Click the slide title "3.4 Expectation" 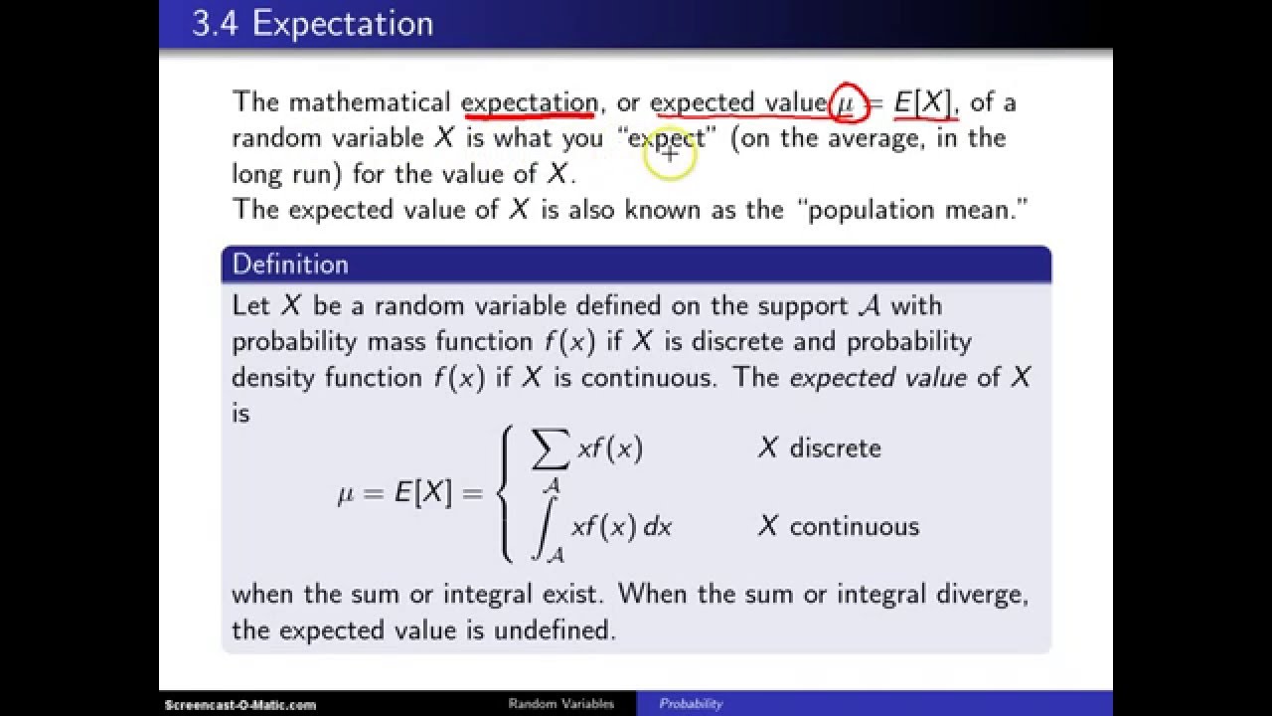pos(312,24)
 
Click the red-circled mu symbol pos(846,102)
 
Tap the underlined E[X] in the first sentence pos(924,102)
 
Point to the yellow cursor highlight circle pos(670,155)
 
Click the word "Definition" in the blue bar pos(290,265)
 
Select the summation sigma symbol pos(553,450)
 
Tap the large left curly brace pos(508,489)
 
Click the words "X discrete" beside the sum pos(819,448)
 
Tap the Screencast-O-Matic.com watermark pos(239,704)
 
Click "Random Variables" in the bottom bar pos(561,704)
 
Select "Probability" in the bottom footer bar pos(691,704)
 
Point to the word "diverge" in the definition pos(977,595)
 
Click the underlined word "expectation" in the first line pos(529,102)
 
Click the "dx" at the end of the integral pos(658,527)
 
